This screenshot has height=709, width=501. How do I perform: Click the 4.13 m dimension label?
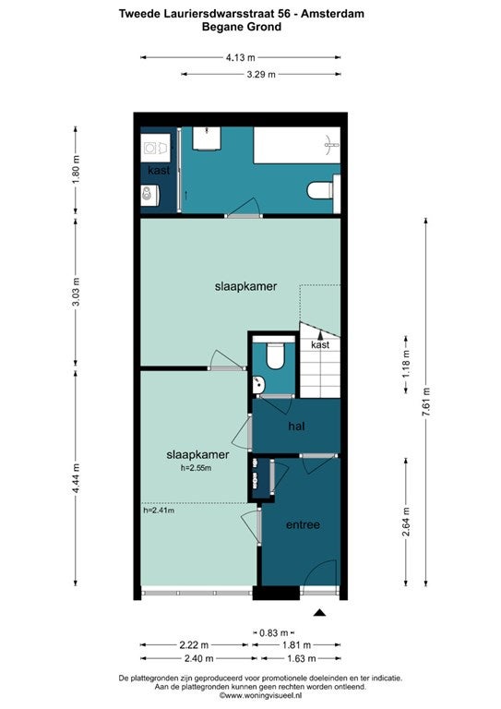pos(240,57)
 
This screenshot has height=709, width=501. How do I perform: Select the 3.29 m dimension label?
pos(261,74)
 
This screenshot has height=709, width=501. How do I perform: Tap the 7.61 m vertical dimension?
pos(426,402)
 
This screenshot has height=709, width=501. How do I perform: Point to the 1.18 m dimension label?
pos(406,364)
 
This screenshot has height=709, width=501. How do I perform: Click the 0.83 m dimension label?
pos(274,632)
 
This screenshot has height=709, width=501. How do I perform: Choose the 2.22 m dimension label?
pos(195,644)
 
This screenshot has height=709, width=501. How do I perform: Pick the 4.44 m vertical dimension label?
pos(76,478)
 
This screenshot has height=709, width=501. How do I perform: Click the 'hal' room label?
pos(296,426)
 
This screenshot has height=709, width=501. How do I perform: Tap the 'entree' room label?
pos(304,524)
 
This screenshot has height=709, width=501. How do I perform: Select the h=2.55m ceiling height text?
pos(196,468)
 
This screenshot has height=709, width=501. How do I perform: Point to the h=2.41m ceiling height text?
pos(159,511)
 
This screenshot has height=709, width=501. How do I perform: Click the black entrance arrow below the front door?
pos(320,613)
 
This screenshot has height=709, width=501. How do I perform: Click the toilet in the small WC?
pos(274,353)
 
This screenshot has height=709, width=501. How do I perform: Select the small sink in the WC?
pos(258,385)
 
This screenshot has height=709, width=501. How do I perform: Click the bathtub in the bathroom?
pos(297,145)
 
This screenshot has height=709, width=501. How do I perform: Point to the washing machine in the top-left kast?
pos(155,148)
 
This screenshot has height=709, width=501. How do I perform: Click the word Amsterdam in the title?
pos(332,14)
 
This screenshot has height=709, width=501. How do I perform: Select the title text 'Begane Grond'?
pos(242,27)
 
